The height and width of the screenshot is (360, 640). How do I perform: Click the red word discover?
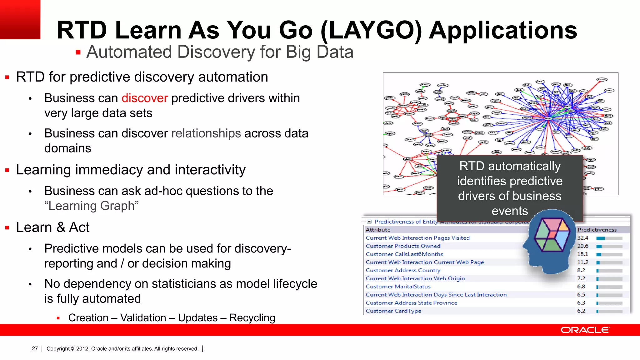click(x=145, y=98)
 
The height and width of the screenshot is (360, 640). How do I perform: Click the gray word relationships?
click(x=206, y=133)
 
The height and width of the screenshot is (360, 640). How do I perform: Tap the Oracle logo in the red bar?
click(x=585, y=330)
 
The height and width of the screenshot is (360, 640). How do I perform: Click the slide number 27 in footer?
click(x=35, y=348)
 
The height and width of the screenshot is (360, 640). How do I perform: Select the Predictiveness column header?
click(x=597, y=230)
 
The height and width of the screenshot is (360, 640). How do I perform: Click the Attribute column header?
click(x=378, y=230)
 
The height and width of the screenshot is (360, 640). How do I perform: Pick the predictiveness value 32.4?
click(x=582, y=238)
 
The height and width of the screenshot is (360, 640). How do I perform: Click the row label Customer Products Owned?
click(x=403, y=246)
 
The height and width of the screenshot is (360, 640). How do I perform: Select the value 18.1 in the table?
click(x=582, y=254)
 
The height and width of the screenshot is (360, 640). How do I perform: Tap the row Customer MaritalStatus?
click(x=398, y=287)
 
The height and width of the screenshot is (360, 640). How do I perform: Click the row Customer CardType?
click(x=393, y=311)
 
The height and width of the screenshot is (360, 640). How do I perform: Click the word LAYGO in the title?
click(x=371, y=30)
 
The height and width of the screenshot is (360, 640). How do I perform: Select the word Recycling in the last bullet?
click(x=252, y=318)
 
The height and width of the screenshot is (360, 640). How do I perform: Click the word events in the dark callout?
click(x=510, y=211)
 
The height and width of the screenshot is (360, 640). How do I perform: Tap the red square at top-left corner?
click(x=20, y=19)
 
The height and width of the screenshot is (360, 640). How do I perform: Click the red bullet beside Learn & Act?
click(x=7, y=228)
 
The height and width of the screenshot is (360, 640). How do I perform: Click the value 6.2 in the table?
click(x=581, y=311)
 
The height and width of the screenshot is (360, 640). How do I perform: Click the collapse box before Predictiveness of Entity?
click(x=369, y=222)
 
